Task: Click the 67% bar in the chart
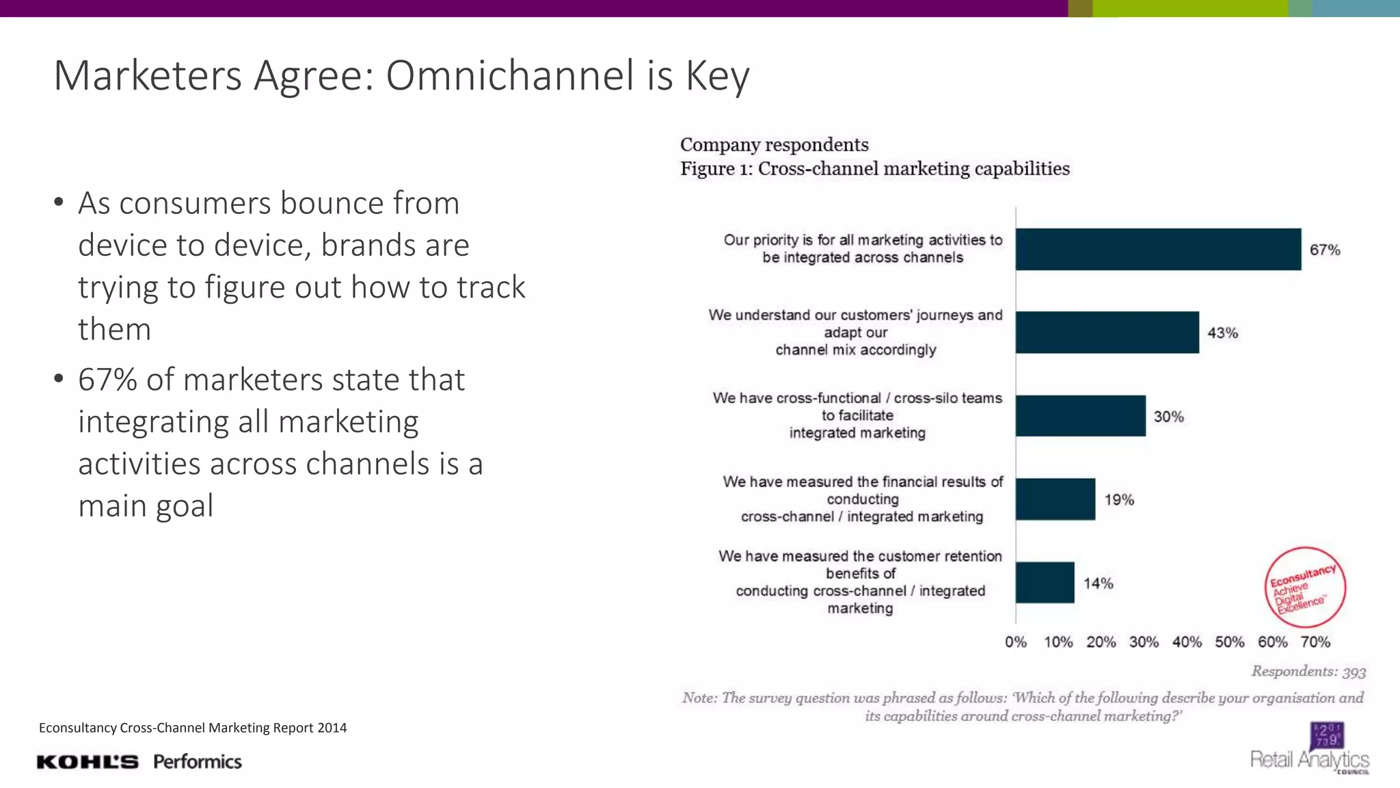[x=1158, y=249]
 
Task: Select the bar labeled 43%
[x=1107, y=332]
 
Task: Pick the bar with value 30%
[x=1080, y=416]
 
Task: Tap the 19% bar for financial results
[x=1055, y=499]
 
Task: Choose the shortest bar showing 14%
[x=1045, y=583]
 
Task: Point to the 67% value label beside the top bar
[x=1325, y=250]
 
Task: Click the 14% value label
[x=1098, y=583]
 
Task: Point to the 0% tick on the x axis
[x=1016, y=642]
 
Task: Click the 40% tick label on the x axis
[x=1187, y=642]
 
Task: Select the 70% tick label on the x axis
[x=1315, y=642]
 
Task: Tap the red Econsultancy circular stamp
[x=1305, y=587]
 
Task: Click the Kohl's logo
[x=87, y=762]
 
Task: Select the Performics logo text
[x=198, y=762]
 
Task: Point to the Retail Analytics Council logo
[x=1310, y=750]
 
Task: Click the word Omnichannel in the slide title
[x=509, y=75]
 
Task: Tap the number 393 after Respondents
[x=1354, y=672]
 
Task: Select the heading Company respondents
[x=774, y=145]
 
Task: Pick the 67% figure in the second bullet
[x=107, y=380]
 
